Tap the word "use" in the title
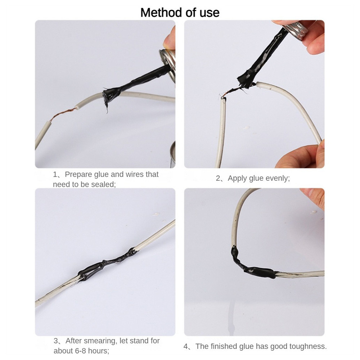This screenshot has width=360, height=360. point(210,13)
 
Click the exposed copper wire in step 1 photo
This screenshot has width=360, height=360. point(63,114)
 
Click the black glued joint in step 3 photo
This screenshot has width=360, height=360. point(108,264)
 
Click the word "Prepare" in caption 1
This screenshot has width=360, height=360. point(78,175)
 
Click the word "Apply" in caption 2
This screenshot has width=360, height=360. point(237,179)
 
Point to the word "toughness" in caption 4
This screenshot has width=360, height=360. point(308,346)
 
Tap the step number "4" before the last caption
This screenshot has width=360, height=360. point(185,346)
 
